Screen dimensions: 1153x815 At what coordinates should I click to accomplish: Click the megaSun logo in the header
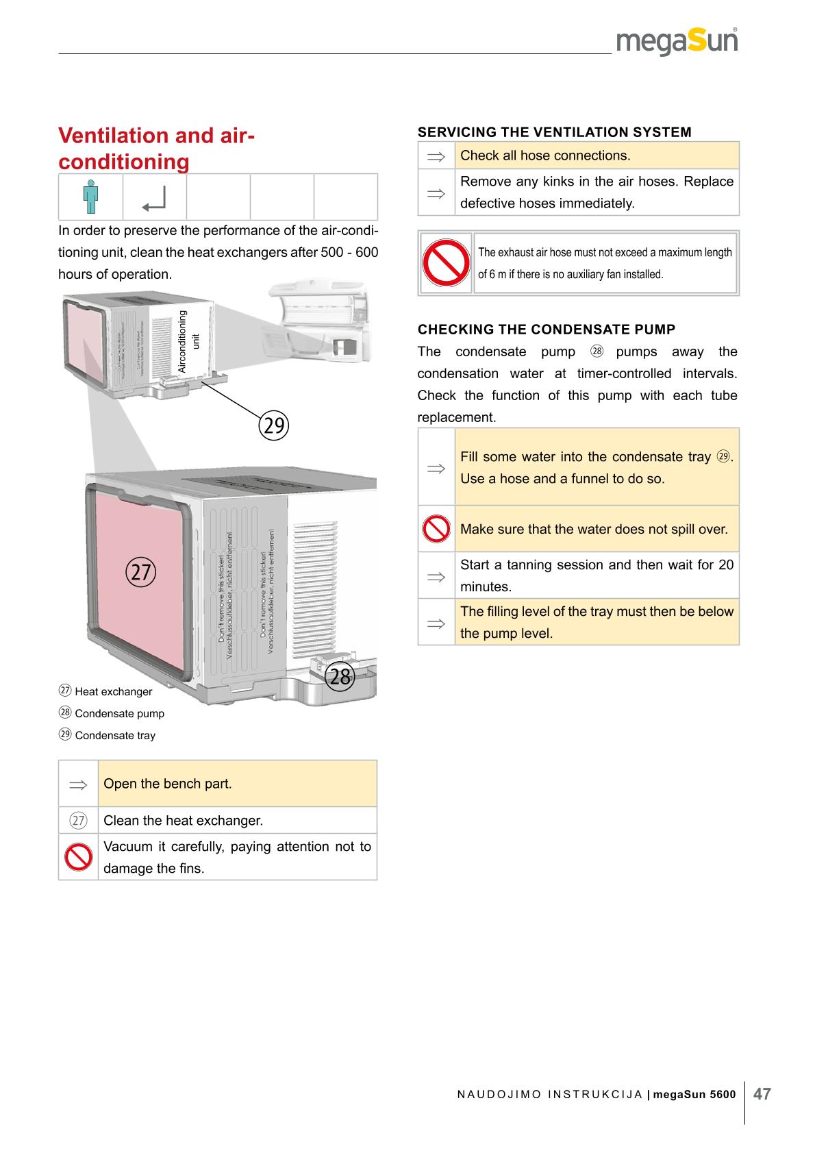(677, 42)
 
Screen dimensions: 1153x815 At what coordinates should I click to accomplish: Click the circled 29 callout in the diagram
(274, 425)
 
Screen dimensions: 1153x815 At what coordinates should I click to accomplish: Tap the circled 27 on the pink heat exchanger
(141, 571)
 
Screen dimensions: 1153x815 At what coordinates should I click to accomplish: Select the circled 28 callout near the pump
(340, 677)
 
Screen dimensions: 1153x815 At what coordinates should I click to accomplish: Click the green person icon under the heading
(90, 197)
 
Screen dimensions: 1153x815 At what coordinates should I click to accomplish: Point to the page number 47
(762, 1094)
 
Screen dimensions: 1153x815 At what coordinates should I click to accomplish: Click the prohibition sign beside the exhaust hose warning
(445, 263)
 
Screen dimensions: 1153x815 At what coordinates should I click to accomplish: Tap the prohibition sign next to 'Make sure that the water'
(436, 529)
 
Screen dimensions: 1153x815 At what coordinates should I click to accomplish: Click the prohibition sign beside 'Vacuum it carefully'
(78, 857)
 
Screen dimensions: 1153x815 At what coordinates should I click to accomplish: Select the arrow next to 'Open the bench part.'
(78, 784)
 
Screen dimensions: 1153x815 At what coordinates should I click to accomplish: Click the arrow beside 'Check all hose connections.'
(436, 156)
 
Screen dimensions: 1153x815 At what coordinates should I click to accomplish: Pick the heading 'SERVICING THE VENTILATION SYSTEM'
(554, 132)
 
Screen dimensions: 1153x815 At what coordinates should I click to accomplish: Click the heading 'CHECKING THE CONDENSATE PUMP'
(546, 330)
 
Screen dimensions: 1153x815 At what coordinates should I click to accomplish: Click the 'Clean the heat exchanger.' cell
(183, 821)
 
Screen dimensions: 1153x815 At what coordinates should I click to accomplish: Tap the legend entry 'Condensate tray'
(115, 736)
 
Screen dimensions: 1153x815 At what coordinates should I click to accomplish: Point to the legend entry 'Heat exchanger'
(113, 692)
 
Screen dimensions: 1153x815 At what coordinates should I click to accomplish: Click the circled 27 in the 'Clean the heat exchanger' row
(78, 821)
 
